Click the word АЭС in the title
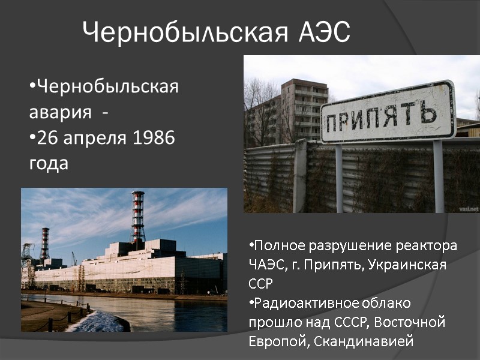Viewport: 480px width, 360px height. [x=323, y=32]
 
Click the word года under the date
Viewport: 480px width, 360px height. [x=49, y=163]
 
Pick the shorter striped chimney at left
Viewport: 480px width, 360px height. [x=45, y=243]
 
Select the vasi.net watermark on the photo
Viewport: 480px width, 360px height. [x=469, y=208]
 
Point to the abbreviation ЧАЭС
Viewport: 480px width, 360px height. [x=264, y=265]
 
